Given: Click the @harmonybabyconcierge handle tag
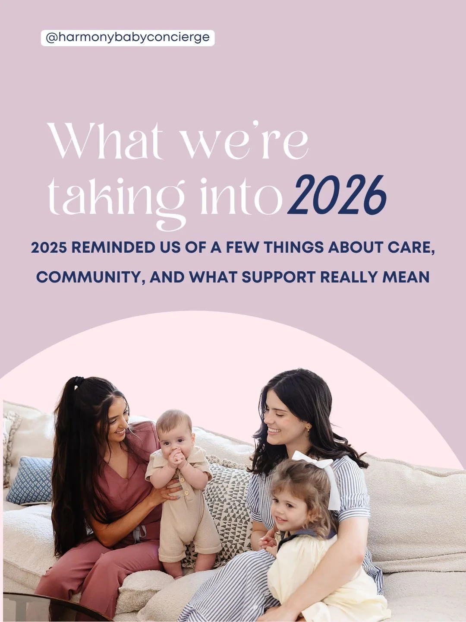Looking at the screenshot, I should click(128, 38).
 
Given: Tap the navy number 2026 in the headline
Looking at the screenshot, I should click(339, 196).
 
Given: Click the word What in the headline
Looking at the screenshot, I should click(105, 141).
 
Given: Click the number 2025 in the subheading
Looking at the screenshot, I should click(49, 248).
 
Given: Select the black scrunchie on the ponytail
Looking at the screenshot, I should click(78, 382).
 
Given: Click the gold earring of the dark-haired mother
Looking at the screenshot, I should click(309, 428).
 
